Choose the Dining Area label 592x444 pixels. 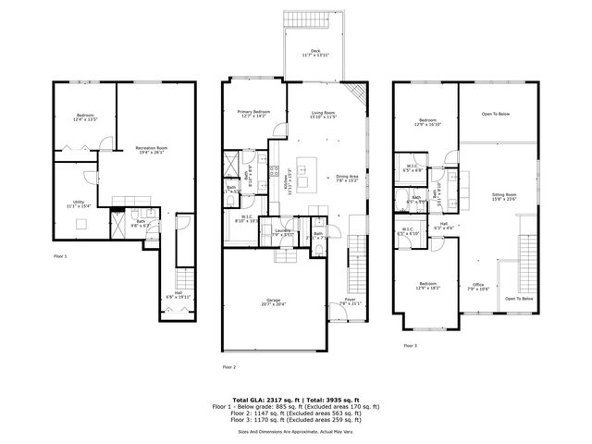click(347, 179)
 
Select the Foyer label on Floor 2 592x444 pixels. click(350, 301)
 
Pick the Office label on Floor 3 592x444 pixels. click(478, 286)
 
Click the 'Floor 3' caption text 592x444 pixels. click(410, 346)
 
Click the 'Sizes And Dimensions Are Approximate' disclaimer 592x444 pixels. click(296, 432)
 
